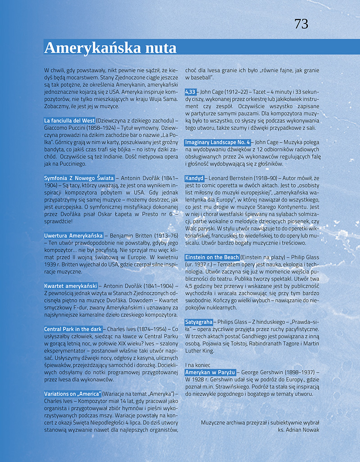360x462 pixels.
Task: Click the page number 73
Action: (301, 24)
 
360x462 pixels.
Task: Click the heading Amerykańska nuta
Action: (110, 47)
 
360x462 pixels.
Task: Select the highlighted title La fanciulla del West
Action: (69, 121)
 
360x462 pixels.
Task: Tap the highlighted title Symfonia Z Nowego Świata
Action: (79, 178)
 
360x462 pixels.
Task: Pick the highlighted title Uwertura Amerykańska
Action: (74, 235)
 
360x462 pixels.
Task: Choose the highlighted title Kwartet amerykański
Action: (71, 286)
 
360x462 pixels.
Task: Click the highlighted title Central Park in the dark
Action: (73, 329)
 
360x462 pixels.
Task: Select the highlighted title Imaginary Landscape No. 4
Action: (217, 142)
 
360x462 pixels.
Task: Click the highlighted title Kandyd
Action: (194, 178)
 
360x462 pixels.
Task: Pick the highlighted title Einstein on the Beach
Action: (212, 257)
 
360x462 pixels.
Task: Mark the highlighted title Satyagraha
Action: (199, 322)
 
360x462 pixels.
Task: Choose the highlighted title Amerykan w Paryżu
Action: (211, 372)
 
